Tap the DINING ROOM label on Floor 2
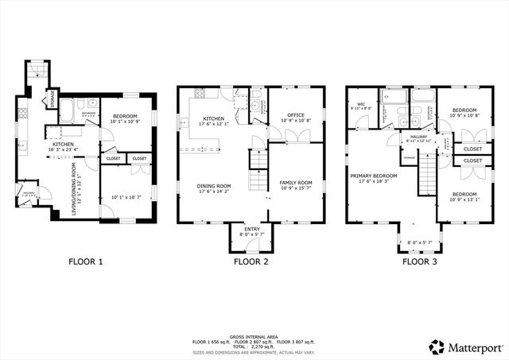point(213,187)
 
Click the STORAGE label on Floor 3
point(409,158)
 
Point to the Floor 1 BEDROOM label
point(121,117)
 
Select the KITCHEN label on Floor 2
point(213,120)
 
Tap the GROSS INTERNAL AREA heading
point(254,336)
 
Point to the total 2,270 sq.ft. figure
point(254,347)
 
